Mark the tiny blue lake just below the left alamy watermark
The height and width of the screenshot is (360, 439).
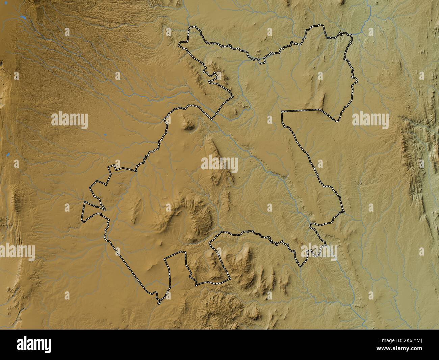[x=105, y=135]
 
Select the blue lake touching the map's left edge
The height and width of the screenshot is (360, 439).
[x=7, y=155]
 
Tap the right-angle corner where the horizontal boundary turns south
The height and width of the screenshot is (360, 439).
[x=282, y=111]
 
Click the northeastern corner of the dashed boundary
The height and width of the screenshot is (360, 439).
[x=351, y=35]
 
